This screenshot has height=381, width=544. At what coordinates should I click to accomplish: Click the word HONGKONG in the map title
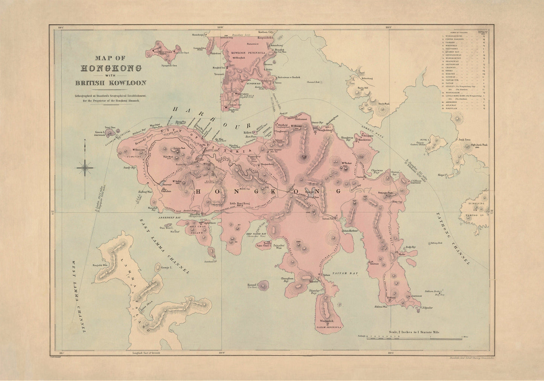pos(111,68)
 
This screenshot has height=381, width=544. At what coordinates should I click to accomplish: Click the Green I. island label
pos(101,132)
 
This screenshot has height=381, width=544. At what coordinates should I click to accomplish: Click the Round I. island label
pos(251,285)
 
